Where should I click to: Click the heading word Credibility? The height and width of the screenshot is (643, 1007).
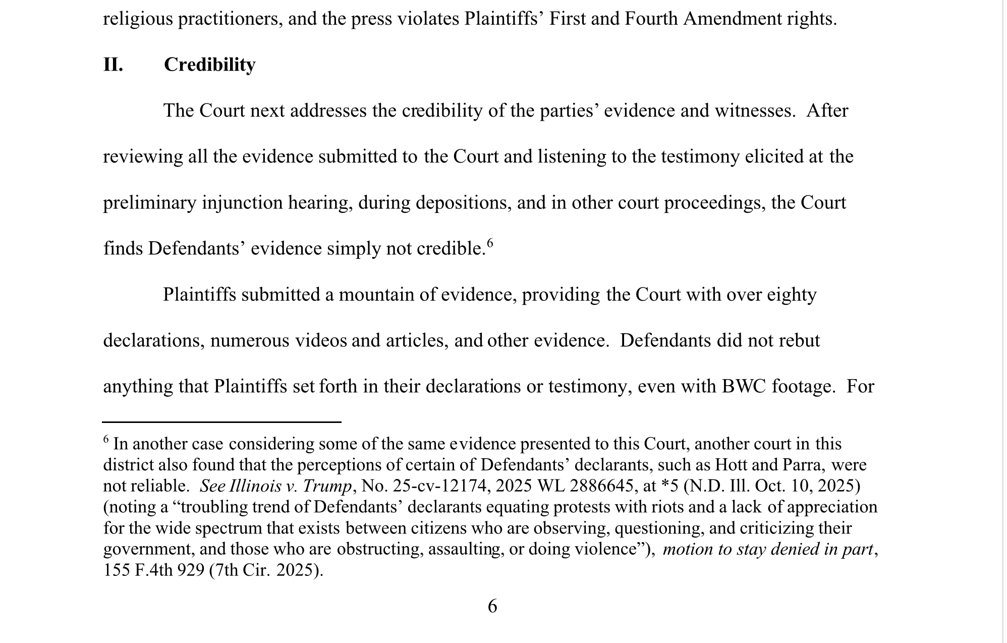[209, 65]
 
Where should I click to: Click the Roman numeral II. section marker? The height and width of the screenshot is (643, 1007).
[113, 65]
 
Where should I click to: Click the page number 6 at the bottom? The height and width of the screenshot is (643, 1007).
[492, 606]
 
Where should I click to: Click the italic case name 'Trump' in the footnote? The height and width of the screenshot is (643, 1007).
[327, 486]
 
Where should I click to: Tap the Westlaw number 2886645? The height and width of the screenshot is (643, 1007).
[601, 486]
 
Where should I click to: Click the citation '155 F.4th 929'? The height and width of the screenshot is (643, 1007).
[154, 570]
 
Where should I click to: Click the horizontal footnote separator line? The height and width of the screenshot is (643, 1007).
[222, 422]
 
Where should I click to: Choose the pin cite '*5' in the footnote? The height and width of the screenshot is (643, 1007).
[669, 486]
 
